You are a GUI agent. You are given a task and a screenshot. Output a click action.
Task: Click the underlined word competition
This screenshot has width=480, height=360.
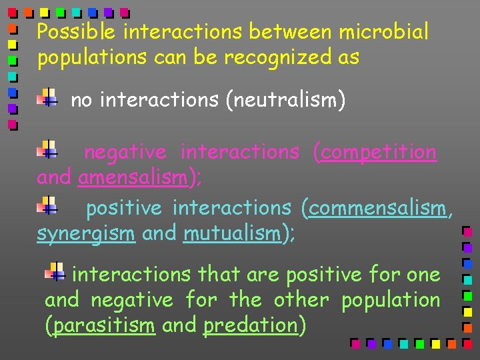(379, 153)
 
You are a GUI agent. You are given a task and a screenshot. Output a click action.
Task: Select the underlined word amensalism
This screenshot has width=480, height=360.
(131, 178)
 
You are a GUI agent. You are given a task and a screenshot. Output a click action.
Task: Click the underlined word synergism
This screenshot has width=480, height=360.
(86, 234)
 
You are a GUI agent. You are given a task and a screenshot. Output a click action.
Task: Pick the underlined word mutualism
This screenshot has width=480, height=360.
(231, 234)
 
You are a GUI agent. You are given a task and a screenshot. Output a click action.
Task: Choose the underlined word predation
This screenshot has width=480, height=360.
(250, 326)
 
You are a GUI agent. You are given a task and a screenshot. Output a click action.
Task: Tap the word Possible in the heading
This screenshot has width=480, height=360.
(77, 32)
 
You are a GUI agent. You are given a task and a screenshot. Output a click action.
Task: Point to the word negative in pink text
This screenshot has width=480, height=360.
(125, 153)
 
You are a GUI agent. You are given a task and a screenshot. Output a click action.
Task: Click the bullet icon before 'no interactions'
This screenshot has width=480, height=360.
(47, 98)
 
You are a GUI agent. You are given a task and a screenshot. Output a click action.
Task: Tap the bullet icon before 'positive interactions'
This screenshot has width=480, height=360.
(47, 204)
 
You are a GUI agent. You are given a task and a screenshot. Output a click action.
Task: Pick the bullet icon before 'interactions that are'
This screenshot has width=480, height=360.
(55, 271)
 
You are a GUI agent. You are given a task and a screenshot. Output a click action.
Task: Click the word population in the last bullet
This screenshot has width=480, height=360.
(391, 301)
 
